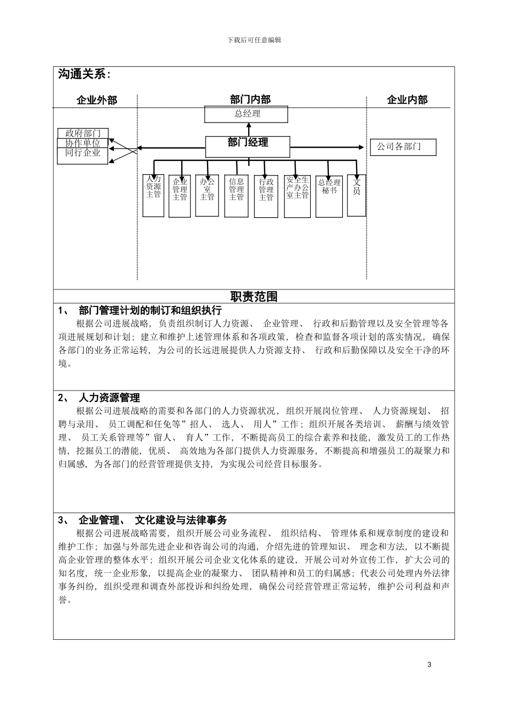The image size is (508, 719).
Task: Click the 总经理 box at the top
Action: click(x=247, y=114)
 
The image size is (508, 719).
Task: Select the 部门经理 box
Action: click(x=248, y=146)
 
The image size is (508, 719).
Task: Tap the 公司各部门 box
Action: click(x=403, y=147)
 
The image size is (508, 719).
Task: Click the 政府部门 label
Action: click(x=83, y=133)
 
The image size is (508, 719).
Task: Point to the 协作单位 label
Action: click(x=83, y=143)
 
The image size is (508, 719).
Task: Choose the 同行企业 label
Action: click(x=83, y=153)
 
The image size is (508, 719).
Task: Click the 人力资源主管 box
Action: click(x=153, y=195)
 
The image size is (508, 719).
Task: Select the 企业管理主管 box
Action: click(x=180, y=196)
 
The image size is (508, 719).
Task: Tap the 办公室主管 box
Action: click(x=207, y=196)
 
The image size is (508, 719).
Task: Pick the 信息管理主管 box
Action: click(x=236, y=196)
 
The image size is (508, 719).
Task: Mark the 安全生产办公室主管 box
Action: click(x=297, y=196)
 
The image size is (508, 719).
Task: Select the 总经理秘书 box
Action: click(x=329, y=196)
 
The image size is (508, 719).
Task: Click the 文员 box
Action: click(x=357, y=195)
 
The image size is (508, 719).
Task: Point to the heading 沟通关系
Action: click(x=84, y=75)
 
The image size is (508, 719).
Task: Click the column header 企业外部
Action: click(x=97, y=100)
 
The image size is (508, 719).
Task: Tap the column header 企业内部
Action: click(x=407, y=100)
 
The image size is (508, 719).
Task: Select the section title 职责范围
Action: click(x=254, y=297)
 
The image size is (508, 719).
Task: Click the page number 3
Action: click(x=429, y=664)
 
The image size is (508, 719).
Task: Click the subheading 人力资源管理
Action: click(x=109, y=398)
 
